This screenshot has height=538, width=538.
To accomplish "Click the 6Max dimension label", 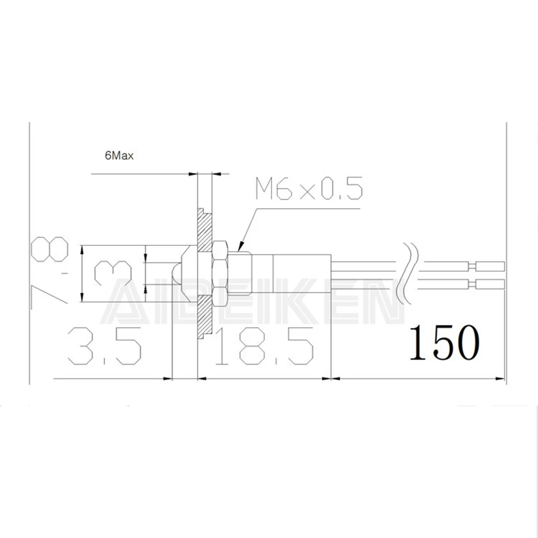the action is pyautogui.click(x=119, y=155).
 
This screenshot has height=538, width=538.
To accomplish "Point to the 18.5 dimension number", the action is pyautogui.click(x=263, y=345).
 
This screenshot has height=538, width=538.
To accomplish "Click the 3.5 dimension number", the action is pyautogui.click(x=105, y=345).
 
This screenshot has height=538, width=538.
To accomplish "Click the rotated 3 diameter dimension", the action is pyautogui.click(x=113, y=273).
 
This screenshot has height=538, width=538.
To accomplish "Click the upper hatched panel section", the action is pyautogui.click(x=205, y=231).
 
